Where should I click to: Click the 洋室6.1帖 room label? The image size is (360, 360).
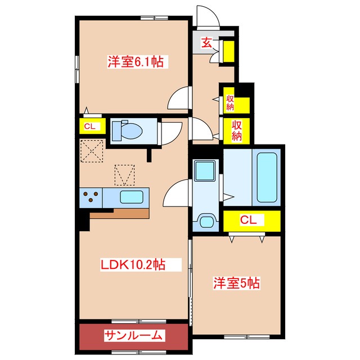click(136, 61)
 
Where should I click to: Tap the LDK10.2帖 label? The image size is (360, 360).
click(133, 265)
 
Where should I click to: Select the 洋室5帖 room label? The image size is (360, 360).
click(236, 283)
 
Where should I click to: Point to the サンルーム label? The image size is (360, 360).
click(133, 336)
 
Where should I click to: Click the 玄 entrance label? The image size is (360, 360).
click(206, 43)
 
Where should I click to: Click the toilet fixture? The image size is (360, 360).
click(127, 130)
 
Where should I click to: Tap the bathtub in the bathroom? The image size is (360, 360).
click(267, 178)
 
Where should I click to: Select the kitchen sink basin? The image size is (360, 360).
click(132, 197)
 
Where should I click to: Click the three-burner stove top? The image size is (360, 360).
click(91, 197)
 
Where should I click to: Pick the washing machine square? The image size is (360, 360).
click(205, 170)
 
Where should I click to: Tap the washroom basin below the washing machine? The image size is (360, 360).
click(206, 222)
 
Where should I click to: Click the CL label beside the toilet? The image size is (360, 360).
click(90, 126)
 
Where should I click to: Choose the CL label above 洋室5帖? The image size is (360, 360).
click(248, 220)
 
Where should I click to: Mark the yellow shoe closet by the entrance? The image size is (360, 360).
click(229, 51)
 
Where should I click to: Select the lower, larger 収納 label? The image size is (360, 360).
click(237, 130)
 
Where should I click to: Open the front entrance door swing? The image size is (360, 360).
click(208, 16)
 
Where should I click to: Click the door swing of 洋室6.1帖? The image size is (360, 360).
click(179, 98)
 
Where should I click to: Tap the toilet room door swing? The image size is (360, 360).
click(170, 134)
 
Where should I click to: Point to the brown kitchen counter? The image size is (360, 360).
click(119, 214)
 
